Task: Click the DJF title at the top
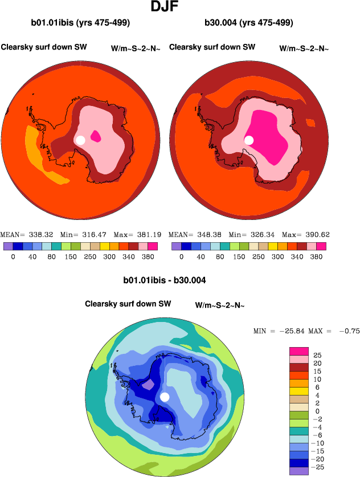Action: [x=166, y=7]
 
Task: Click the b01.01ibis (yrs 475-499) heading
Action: [x=80, y=23]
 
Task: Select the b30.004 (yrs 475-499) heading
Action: [x=248, y=23]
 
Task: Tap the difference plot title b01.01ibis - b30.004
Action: [x=164, y=280]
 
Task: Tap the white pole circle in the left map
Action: [x=80, y=140]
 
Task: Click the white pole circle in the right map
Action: [x=249, y=140]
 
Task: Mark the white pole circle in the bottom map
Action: [x=165, y=397]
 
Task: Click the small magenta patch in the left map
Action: [x=96, y=136]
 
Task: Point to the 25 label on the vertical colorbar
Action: [x=317, y=354]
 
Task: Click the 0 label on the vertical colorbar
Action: [x=317, y=410]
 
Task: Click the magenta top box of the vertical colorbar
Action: [x=299, y=351]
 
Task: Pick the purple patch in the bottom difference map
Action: [x=147, y=385]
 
